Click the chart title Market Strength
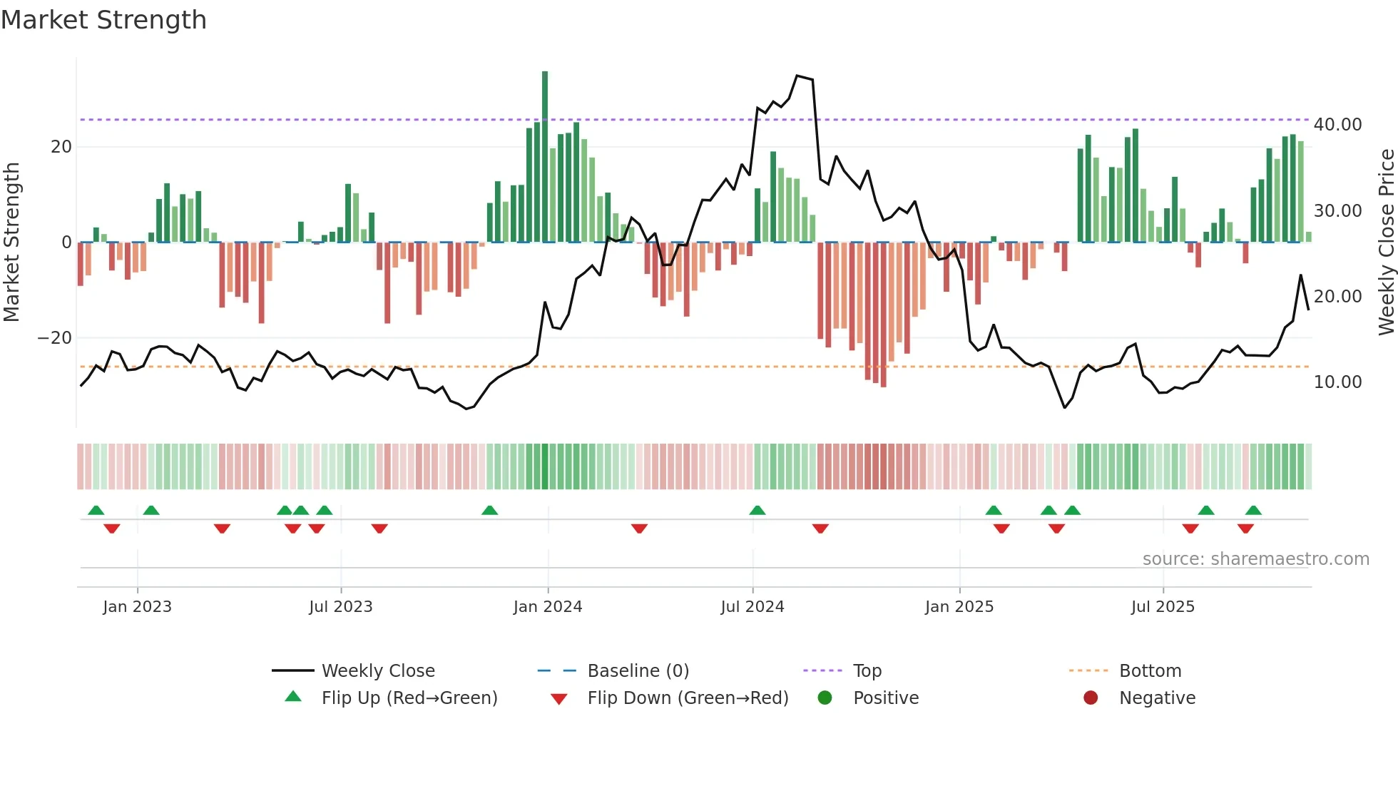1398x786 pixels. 103,20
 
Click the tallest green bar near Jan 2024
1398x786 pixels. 545,157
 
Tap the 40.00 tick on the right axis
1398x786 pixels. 1337,125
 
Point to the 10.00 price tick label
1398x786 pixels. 1337,382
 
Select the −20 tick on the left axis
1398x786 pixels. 55,338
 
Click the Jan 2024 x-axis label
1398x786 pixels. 547,607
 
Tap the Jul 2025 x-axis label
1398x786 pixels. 1162,607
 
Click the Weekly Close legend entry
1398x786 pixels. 377,671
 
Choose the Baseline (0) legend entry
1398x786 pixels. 638,671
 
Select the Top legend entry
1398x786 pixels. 867,671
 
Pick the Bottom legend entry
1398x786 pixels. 1150,671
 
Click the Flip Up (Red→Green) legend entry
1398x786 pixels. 409,698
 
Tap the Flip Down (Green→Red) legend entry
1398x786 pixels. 687,698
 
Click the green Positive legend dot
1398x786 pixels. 825,698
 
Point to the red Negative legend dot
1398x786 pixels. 1091,698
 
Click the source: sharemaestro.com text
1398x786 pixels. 1255,559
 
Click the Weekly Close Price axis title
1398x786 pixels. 1386,243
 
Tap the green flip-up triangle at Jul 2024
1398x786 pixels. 757,510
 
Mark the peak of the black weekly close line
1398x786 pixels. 797,76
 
